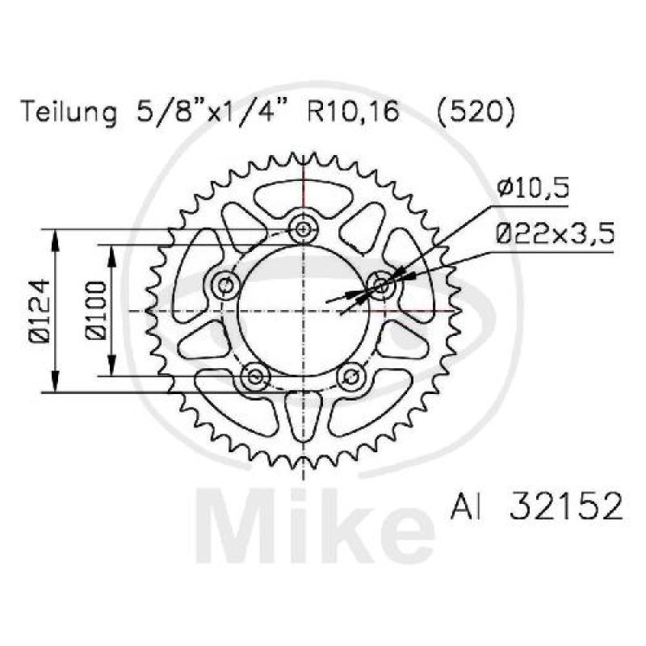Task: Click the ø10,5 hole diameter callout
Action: [x=534, y=190]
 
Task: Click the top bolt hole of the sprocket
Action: [x=304, y=230]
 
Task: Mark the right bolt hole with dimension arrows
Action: [x=381, y=284]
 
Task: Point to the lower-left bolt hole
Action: [x=256, y=375]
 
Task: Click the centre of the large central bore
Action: [x=304, y=311]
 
